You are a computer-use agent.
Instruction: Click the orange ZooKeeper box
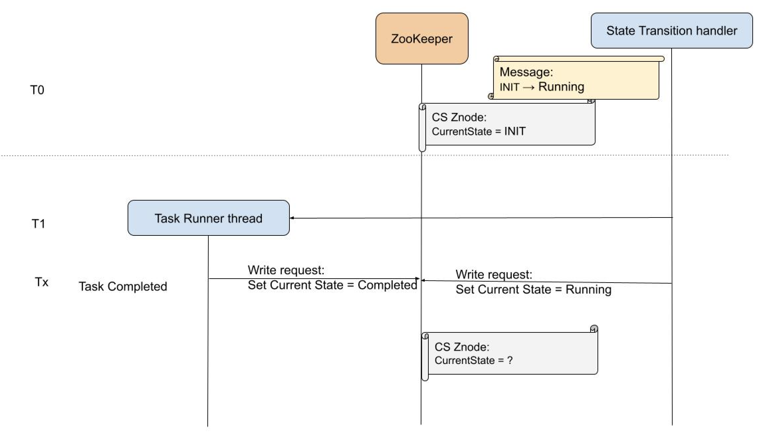422,39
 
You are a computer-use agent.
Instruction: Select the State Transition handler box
672,31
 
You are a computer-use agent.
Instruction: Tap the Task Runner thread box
208,218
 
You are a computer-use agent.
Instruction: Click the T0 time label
37,90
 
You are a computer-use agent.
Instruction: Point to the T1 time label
38,223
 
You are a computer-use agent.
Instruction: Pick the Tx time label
42,282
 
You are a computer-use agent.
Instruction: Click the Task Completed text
123,286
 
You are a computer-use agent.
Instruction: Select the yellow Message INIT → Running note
576,80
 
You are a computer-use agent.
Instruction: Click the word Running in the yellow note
561,87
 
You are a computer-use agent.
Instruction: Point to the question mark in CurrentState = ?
510,360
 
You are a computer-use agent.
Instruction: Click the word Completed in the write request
387,285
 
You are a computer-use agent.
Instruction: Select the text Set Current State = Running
533,289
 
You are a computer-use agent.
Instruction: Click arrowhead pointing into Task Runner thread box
291,218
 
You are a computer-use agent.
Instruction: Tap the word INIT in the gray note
515,131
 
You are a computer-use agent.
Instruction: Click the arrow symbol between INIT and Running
529,87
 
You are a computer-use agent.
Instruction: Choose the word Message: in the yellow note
526,72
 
